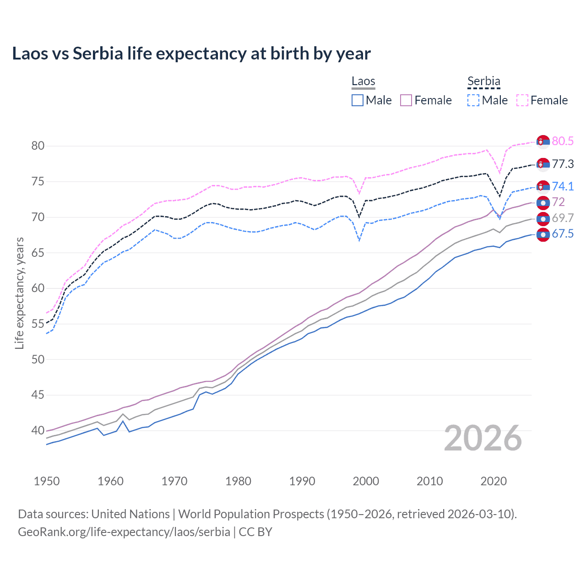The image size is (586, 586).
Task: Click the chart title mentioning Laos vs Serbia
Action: pyautogui.click(x=191, y=54)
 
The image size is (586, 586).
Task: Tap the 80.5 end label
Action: pyautogui.click(x=563, y=141)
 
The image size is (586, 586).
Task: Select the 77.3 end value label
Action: pyautogui.click(x=563, y=164)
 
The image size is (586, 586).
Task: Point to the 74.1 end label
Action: pyautogui.click(x=563, y=186)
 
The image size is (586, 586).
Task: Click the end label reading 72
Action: pyautogui.click(x=558, y=202)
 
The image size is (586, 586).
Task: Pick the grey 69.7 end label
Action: pyautogui.click(x=563, y=218)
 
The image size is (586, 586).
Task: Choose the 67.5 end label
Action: pyautogui.click(x=563, y=234)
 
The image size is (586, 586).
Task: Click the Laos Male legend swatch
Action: pyautogui.click(x=358, y=100)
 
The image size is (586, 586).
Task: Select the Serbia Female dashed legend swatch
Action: pyautogui.click(x=522, y=100)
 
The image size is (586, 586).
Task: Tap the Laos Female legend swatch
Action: pyautogui.click(x=406, y=100)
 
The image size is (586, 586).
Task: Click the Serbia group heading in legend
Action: pyautogui.click(x=483, y=81)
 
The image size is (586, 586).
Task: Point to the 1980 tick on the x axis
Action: pyautogui.click(x=238, y=481)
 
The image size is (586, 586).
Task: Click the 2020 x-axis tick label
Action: pyautogui.click(x=494, y=481)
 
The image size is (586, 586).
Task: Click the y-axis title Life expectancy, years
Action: pyautogui.click(x=19, y=293)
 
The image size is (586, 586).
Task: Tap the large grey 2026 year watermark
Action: pyautogui.click(x=483, y=438)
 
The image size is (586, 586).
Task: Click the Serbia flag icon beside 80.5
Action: pyautogui.click(x=543, y=142)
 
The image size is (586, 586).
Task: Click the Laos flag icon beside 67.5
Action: pyautogui.click(x=543, y=235)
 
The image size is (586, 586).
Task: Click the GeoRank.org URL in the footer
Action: pyautogui.click(x=124, y=532)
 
